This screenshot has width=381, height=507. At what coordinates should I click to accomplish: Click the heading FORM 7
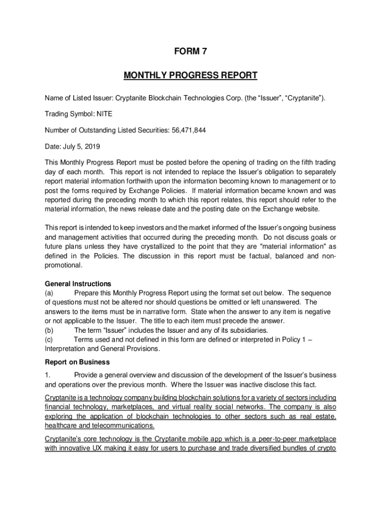(190, 51)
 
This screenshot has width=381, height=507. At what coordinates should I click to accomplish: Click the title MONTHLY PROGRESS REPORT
(190, 75)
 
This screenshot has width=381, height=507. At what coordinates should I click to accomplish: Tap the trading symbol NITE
(104, 114)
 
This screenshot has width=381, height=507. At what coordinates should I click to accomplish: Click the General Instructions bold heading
(78, 284)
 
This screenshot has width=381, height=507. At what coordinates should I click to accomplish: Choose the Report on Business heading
(77, 362)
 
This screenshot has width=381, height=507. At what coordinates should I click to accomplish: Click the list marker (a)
(49, 293)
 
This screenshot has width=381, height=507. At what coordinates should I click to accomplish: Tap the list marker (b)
(49, 330)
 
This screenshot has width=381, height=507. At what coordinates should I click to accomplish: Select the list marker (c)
(49, 339)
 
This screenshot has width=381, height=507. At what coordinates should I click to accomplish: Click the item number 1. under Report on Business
(48, 375)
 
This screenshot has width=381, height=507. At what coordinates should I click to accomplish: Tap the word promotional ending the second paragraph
(63, 265)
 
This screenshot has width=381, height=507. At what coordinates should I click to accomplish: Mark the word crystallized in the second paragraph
(155, 247)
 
